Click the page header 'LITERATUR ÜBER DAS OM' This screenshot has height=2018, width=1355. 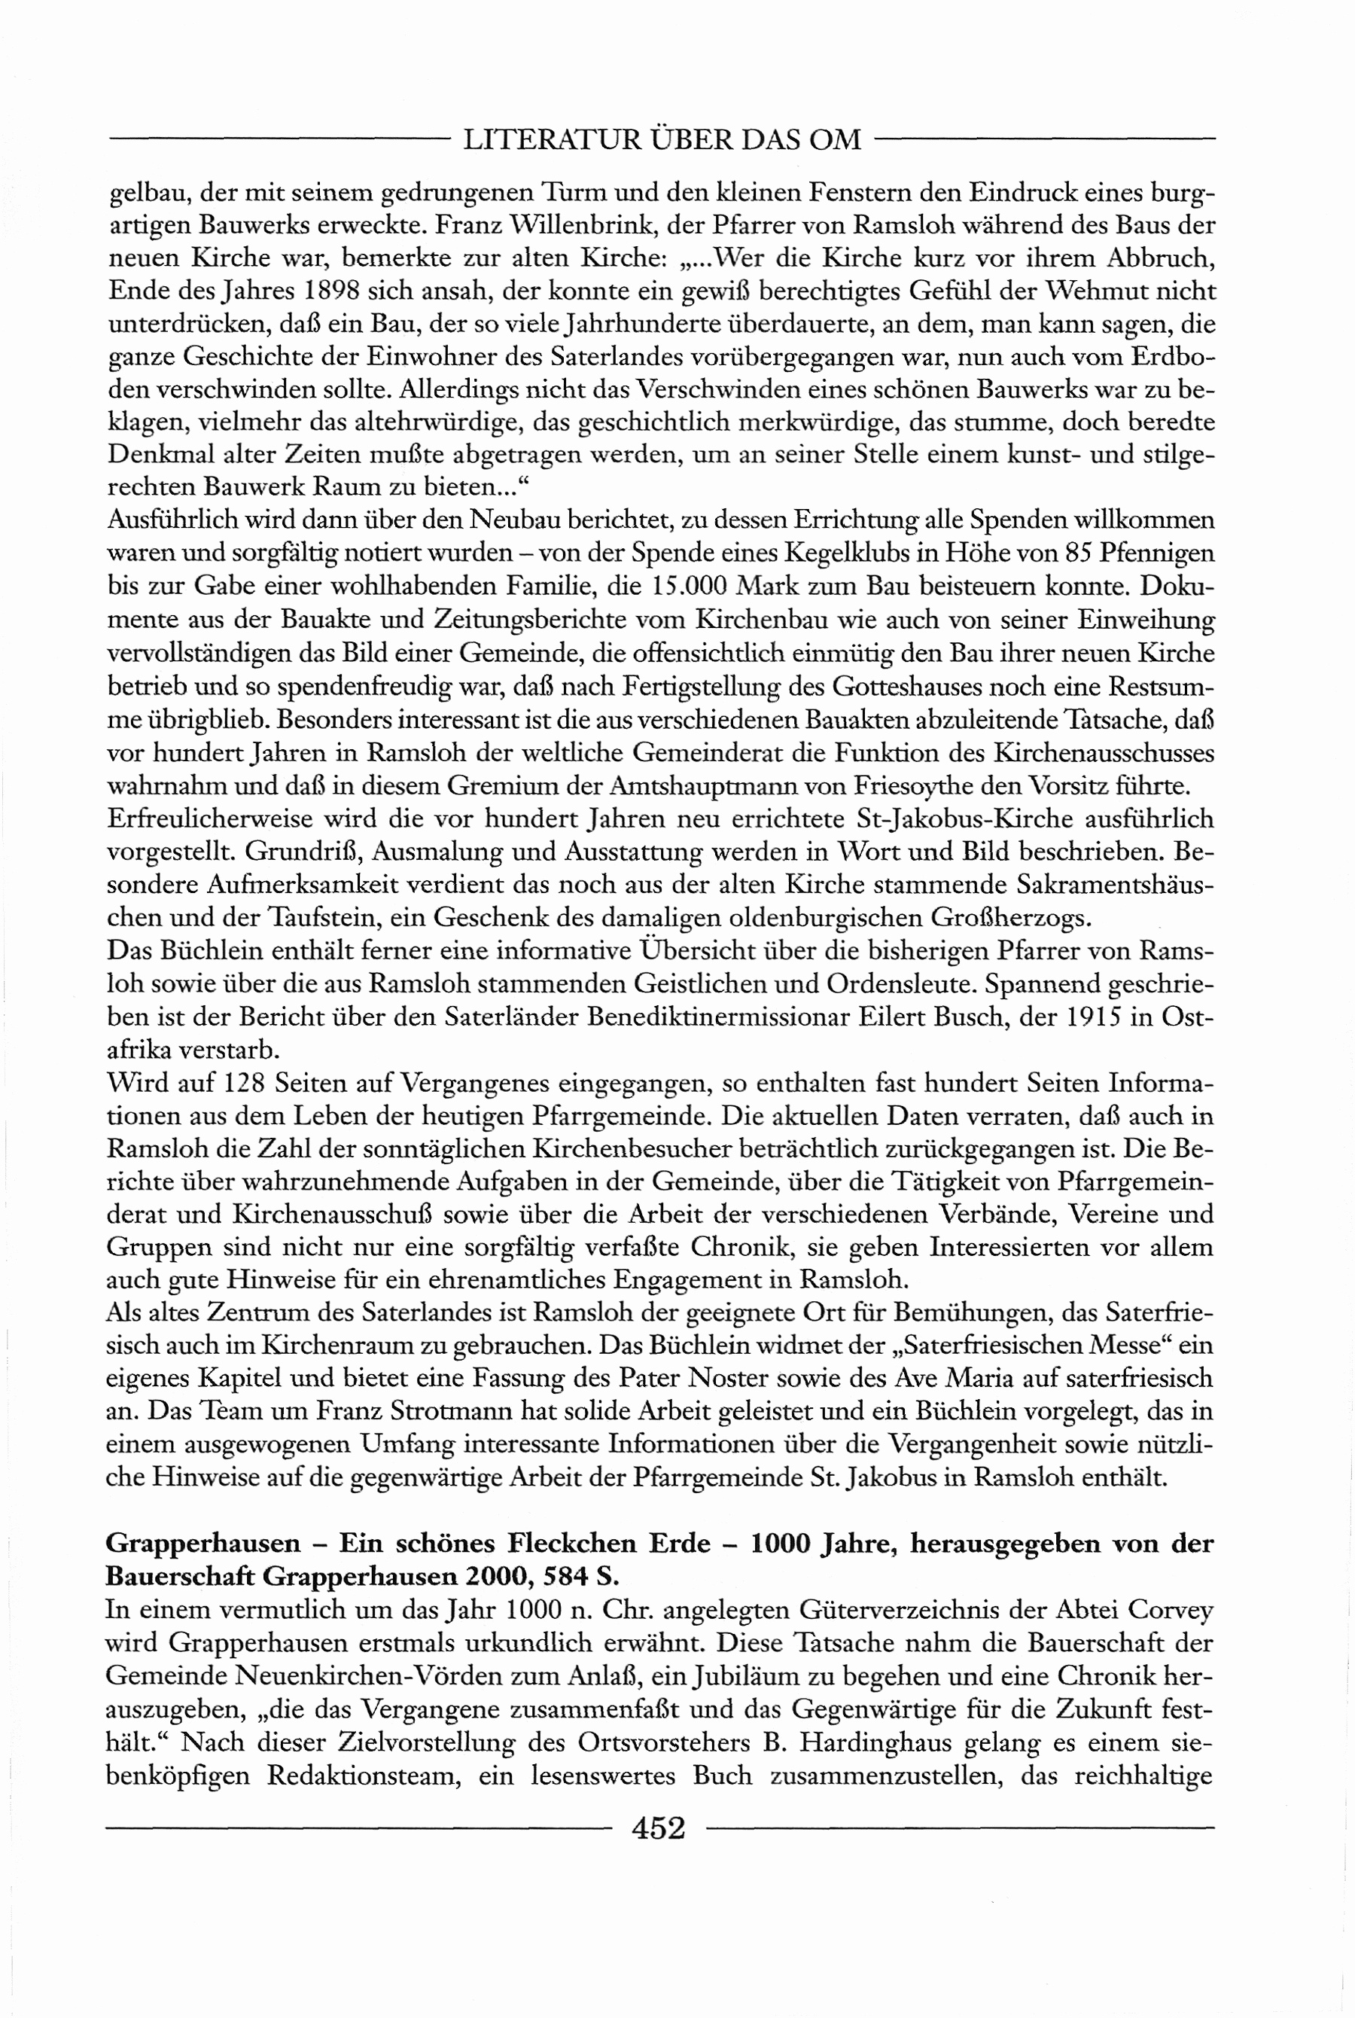(x=662, y=140)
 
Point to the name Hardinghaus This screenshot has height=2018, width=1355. (x=875, y=1742)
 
